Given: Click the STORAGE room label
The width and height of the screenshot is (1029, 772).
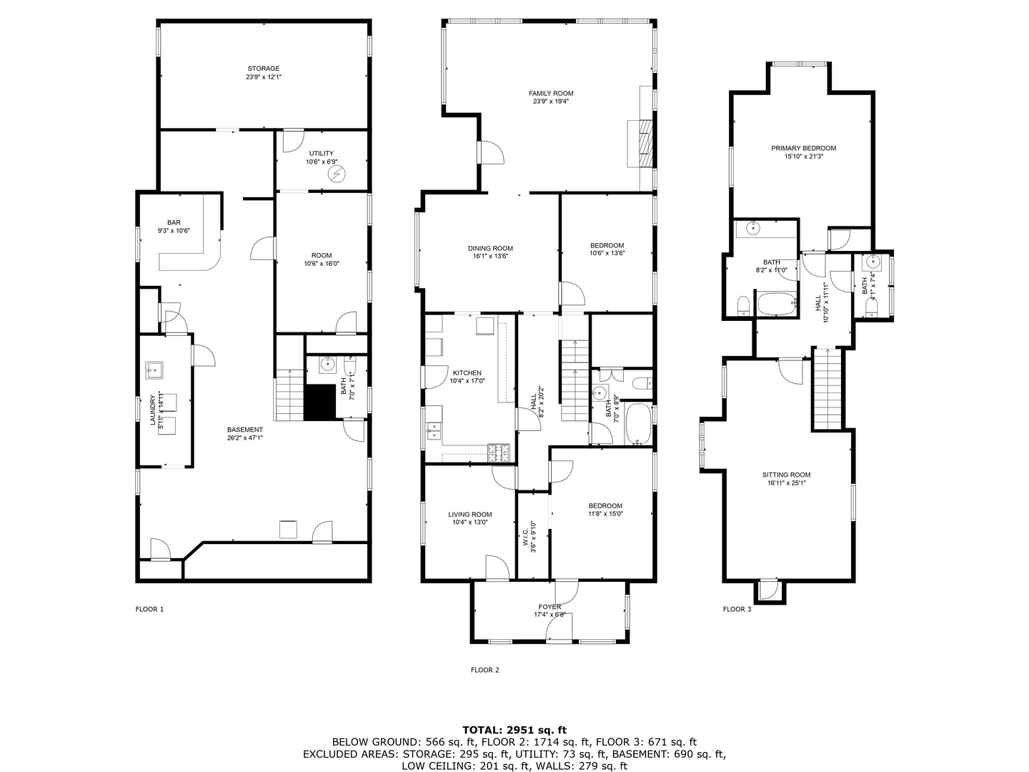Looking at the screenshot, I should pyautogui.click(x=264, y=69).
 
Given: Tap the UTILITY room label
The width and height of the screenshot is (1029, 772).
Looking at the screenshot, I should pyautogui.click(x=321, y=154).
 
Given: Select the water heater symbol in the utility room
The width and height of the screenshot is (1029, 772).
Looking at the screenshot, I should pyautogui.click(x=335, y=174).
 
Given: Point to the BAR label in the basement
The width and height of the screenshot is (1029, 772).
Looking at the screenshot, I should pyautogui.click(x=174, y=222).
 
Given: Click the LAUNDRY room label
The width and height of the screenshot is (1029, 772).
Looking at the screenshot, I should pyautogui.click(x=152, y=410).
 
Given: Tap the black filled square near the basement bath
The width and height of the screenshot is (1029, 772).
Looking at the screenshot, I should pyautogui.click(x=320, y=402).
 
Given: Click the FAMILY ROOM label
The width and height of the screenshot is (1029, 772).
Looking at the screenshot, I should pyautogui.click(x=550, y=94).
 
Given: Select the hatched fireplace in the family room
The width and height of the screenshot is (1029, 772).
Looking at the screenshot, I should pyautogui.click(x=645, y=136).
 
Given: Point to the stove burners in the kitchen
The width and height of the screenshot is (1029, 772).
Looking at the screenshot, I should pyautogui.click(x=498, y=452).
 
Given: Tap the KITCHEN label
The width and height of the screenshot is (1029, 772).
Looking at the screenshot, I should pyautogui.click(x=467, y=373).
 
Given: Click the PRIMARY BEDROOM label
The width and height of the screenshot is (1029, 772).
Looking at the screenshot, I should pyautogui.click(x=803, y=149).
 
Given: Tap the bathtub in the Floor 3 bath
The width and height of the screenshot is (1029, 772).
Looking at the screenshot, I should pyautogui.click(x=777, y=305).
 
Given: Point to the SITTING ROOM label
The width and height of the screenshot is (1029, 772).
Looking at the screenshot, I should pyautogui.click(x=786, y=475).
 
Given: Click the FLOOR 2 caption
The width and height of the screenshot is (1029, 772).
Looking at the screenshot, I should pyautogui.click(x=484, y=670).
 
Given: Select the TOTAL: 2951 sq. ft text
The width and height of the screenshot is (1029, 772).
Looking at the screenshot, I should pyautogui.click(x=514, y=730).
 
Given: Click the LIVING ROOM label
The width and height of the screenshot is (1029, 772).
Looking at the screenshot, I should pyautogui.click(x=469, y=514).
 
